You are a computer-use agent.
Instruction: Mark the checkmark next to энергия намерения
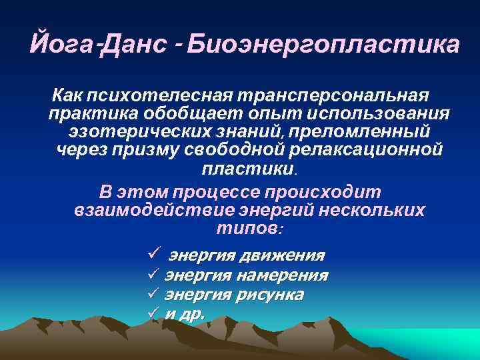click(152, 275)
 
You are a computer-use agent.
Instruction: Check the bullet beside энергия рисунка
click(152, 294)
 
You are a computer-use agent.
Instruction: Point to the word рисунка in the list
click(273, 295)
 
